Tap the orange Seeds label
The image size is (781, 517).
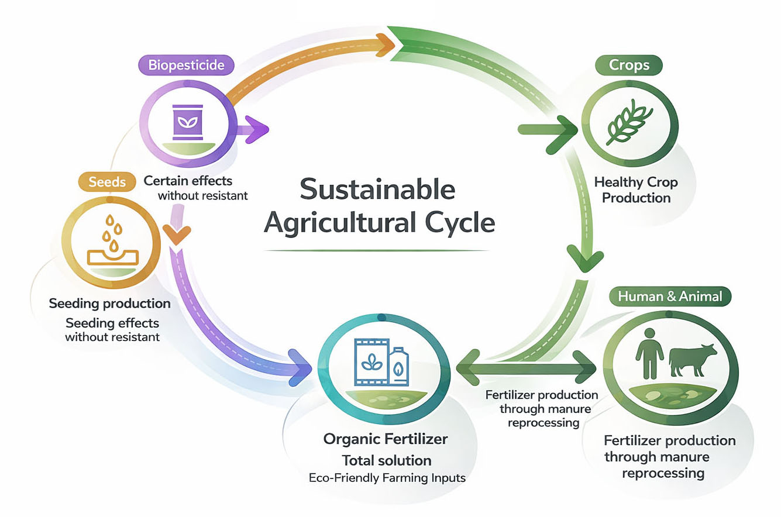(107, 182)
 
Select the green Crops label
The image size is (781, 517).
(629, 65)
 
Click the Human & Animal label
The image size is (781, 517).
(670, 297)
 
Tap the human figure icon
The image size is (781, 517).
(649, 353)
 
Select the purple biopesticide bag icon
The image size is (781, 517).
(187, 122)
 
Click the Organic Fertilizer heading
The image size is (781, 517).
(387, 439)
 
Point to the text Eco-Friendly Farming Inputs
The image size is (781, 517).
(387, 477)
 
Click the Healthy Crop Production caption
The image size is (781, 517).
(637, 190)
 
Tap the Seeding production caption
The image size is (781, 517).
(110, 304)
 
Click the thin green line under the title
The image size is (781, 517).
(377, 250)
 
